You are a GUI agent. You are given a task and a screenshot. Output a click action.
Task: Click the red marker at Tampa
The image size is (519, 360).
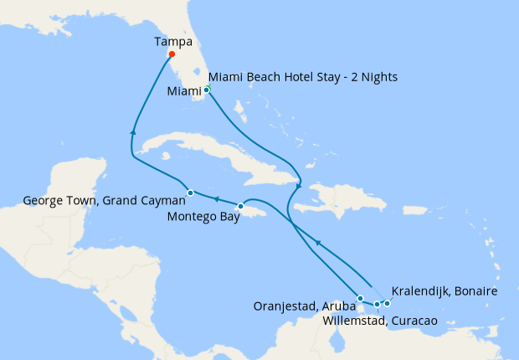click(171, 54)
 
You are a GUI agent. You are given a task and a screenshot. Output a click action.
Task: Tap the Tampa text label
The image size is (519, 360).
click(172, 40)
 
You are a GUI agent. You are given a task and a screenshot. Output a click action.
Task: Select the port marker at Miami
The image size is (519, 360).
click(206, 89)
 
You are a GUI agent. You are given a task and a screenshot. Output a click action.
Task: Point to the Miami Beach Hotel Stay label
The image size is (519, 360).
click(302, 77)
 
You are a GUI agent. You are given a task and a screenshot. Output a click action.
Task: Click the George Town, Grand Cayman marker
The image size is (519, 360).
click(190, 193)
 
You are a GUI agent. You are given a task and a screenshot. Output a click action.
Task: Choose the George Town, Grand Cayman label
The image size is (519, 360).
click(92, 201)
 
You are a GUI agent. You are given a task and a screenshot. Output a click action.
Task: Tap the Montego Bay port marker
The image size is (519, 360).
click(240, 206)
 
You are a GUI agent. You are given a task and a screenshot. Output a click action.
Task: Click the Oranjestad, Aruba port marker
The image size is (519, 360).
click(360, 298)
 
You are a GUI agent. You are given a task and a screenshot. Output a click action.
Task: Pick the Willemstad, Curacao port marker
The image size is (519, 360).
click(377, 304)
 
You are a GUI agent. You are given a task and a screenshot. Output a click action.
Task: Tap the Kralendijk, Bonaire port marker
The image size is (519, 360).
click(388, 303)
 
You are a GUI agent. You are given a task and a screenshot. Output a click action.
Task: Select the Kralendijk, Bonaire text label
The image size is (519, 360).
click(444, 291)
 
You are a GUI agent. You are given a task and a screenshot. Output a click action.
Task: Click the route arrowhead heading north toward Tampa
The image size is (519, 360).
click(133, 131)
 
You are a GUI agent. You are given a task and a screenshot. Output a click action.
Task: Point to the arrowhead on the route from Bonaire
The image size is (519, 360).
click(317, 242)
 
